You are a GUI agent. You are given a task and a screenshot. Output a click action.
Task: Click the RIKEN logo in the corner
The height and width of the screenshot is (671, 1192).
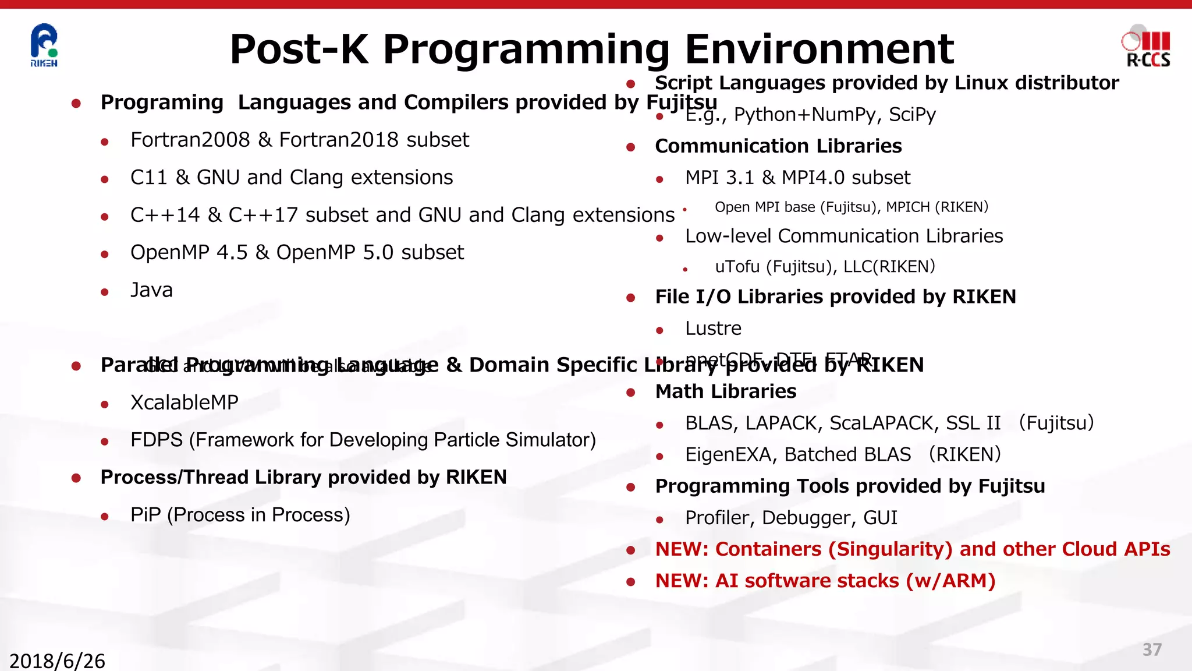tap(44, 45)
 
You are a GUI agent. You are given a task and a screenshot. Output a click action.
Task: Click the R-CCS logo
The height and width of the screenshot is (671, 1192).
tap(1147, 47)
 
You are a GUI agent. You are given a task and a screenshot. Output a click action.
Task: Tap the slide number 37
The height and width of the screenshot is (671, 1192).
tap(1152, 649)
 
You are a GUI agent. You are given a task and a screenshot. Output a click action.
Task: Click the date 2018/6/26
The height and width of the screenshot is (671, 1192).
tap(57, 661)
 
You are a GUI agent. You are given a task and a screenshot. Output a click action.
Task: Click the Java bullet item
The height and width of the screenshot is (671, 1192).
tap(151, 290)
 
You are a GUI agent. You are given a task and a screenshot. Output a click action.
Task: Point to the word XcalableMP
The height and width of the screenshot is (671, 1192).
tap(184, 402)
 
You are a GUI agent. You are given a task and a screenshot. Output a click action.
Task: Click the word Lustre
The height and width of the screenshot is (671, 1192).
tap(713, 329)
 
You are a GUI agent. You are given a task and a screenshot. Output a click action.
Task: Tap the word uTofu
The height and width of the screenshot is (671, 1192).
tap(737, 267)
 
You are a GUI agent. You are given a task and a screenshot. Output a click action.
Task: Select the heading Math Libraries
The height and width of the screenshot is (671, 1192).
tap(725, 391)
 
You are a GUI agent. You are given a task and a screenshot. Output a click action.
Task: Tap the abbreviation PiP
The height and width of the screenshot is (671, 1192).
tap(145, 515)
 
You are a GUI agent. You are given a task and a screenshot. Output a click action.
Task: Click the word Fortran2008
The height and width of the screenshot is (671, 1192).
tap(190, 140)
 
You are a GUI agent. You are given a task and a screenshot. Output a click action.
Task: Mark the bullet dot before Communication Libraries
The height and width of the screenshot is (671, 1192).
tap(630, 147)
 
